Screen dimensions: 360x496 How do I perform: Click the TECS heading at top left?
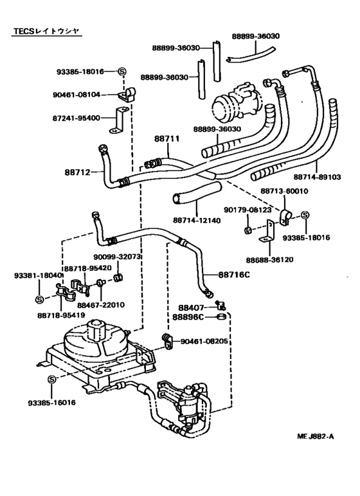46,31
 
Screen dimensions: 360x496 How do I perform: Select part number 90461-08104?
76,95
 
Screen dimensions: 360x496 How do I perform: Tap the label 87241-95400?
76,118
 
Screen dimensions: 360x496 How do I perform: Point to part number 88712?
78,172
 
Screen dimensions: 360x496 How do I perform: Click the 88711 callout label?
167,139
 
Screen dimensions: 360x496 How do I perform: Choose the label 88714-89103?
318,177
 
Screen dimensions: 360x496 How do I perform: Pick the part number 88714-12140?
197,220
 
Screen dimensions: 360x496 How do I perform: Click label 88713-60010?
284,191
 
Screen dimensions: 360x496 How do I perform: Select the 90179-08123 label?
248,210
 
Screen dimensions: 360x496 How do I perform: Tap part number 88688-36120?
270,260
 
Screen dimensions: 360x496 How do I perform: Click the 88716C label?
234,275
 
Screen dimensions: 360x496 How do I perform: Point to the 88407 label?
191,308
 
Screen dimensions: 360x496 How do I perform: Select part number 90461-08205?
204,342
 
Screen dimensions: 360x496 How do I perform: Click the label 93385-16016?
52,403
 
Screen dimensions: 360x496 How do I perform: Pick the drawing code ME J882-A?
316,437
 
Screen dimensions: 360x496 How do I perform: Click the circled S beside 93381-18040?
39,299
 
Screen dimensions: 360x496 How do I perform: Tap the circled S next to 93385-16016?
52,380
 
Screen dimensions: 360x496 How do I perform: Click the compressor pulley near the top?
224,107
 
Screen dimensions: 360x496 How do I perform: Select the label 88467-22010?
101,305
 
